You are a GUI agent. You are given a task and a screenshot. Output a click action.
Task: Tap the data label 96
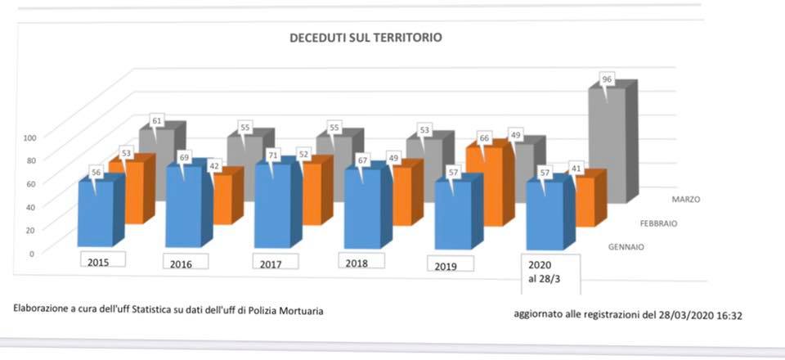click(x=607, y=79)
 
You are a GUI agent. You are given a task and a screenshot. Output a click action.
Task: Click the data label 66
click(x=483, y=138)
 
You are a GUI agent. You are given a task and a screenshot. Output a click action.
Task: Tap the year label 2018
click(x=357, y=263)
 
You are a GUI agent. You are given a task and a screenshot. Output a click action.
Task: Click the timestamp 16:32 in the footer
click(x=730, y=314)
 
